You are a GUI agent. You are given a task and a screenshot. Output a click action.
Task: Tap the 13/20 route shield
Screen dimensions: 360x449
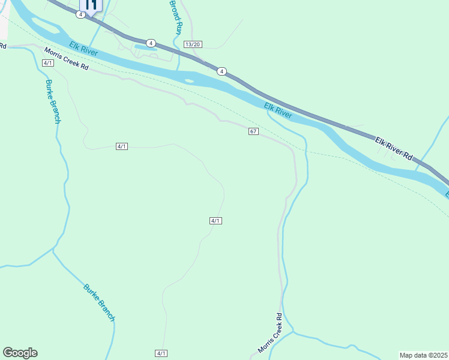(x=193, y=44)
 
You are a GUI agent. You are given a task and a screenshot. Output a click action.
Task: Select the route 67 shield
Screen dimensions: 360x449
(x=253, y=131)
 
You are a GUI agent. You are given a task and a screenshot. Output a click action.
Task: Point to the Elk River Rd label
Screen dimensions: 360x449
(x=394, y=148)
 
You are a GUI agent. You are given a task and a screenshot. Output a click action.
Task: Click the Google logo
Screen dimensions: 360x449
(x=20, y=353)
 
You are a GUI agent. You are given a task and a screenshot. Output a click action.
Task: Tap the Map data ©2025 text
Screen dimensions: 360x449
(x=423, y=355)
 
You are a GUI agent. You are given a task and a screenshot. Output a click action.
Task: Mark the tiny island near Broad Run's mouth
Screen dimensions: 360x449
(x=190, y=81)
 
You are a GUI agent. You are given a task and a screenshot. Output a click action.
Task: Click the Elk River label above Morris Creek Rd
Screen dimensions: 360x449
(x=82, y=49)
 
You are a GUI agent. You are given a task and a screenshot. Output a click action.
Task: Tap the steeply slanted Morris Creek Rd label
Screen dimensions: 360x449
(x=270, y=333)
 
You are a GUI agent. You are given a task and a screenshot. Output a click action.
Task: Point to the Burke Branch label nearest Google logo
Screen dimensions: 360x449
(x=99, y=302)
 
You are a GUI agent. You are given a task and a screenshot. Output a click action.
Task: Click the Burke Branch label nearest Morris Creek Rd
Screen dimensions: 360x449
(x=53, y=101)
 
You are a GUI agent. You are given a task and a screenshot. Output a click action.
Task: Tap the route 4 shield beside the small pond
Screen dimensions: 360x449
(x=151, y=43)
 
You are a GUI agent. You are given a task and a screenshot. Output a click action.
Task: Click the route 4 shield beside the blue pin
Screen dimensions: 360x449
(x=80, y=14)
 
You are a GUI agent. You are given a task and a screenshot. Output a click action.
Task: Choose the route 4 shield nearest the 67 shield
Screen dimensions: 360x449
(x=222, y=71)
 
